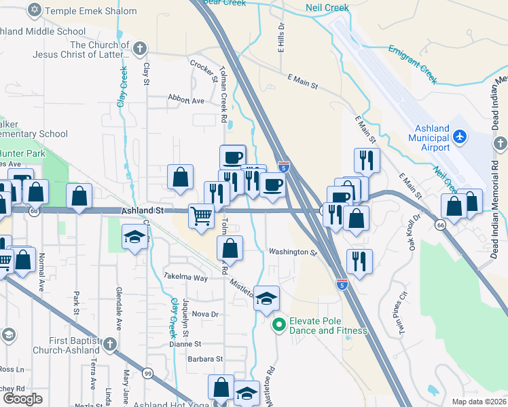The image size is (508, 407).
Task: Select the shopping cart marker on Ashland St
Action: pyautogui.click(x=202, y=216)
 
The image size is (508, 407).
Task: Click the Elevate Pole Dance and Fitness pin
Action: pyautogui.click(x=278, y=326)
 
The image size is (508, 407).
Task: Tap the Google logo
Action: pyautogui.click(x=22, y=400)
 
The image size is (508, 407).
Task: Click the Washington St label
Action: pyautogui.click(x=293, y=252)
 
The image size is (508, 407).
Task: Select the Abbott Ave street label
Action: pyautogui.click(x=186, y=100)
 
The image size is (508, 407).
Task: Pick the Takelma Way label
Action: pyautogui.click(x=185, y=277)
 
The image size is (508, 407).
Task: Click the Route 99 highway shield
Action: pyautogui.click(x=147, y=373)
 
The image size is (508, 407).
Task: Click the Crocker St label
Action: pyautogui.click(x=202, y=68)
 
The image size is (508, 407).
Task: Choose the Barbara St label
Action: pyautogui.click(x=205, y=358)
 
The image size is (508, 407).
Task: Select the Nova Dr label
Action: pyautogui.click(x=204, y=314)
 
